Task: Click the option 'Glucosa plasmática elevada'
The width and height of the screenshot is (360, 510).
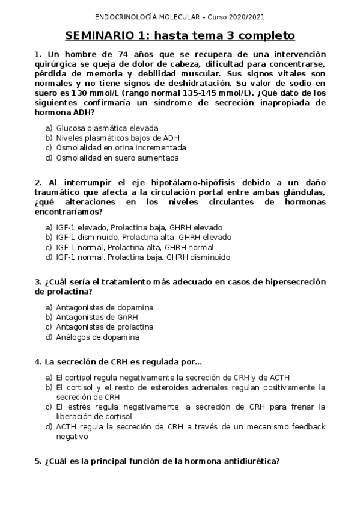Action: point(107,128)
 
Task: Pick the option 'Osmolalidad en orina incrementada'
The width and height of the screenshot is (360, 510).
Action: point(121,148)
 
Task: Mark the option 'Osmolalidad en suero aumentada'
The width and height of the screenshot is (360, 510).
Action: point(117,158)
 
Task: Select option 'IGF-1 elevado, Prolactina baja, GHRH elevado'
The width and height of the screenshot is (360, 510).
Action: point(139,227)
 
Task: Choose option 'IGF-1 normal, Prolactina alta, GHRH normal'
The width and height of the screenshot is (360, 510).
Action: point(135,247)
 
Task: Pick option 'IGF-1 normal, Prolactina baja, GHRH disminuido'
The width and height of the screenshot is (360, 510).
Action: point(143,257)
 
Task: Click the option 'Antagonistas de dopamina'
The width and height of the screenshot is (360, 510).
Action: point(105,307)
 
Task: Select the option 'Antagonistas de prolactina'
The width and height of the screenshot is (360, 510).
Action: point(105,327)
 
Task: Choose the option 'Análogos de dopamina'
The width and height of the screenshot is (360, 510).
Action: point(98,337)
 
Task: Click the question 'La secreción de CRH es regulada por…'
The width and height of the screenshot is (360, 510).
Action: point(123,361)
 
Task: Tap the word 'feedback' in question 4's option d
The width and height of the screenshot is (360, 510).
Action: point(307,426)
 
